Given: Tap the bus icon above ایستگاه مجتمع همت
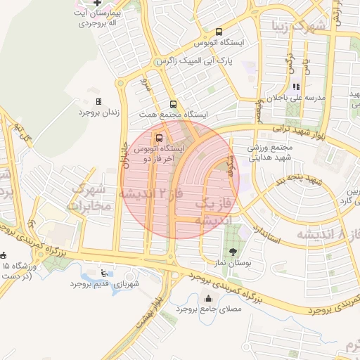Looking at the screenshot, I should (x=174, y=104).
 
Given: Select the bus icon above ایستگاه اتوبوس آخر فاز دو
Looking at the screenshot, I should (x=160, y=138).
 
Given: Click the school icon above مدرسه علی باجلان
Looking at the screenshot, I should (x=306, y=86).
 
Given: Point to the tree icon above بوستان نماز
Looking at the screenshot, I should (x=231, y=250).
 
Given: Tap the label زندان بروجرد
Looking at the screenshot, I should (x=99, y=112).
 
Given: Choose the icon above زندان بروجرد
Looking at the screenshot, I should (x=98, y=102).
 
